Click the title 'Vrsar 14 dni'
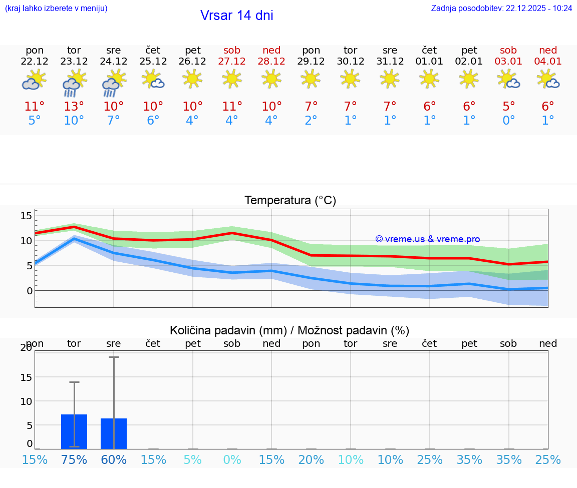(x=236, y=16)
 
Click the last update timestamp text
(x=501, y=8)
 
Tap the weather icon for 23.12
(x=74, y=83)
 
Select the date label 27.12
(x=232, y=62)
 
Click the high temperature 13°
(x=74, y=106)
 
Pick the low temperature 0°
(x=508, y=121)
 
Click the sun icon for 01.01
(x=429, y=79)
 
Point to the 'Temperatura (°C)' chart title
(x=290, y=201)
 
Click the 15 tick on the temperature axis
(x=26, y=216)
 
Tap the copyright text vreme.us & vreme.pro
(x=427, y=239)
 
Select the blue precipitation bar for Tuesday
(x=74, y=431)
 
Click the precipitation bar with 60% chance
(x=114, y=433)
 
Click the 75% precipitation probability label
(x=74, y=460)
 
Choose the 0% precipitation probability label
(x=232, y=460)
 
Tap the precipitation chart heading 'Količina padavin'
(x=290, y=330)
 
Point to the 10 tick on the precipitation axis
(x=26, y=401)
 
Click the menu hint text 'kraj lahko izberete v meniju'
(x=56, y=8)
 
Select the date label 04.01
(x=548, y=62)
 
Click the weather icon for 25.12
(x=153, y=79)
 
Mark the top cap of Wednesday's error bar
(x=114, y=357)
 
